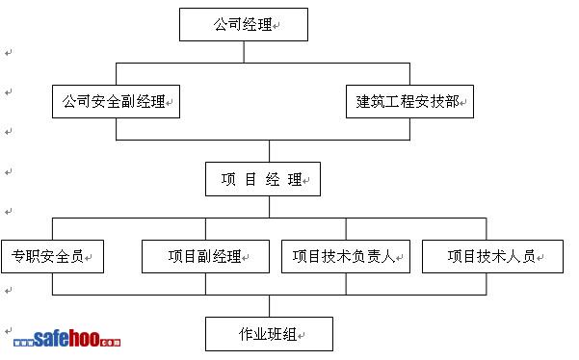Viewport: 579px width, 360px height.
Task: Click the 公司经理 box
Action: pos(244,24)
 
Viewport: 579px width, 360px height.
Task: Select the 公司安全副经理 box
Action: pos(116,101)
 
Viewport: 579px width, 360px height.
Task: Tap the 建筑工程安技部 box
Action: pos(409,101)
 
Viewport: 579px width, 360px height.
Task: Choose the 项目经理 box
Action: pos(263,179)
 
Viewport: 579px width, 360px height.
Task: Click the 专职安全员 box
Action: pos(52,257)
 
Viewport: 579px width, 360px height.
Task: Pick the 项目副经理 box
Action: pos(205,257)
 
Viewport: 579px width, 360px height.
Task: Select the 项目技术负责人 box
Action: pos(346,257)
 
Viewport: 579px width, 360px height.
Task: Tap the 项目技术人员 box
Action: pos(492,257)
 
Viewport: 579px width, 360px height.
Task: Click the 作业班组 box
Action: pos(269,334)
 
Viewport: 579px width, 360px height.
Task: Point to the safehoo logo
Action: pos(66,339)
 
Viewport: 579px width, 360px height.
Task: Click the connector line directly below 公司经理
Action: pos(244,52)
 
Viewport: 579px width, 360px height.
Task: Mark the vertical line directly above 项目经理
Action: pos(269,151)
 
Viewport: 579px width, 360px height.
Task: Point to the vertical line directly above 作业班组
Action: pos(269,306)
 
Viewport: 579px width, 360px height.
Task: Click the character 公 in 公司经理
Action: pos(221,24)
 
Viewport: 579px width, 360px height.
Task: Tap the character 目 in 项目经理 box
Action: pos(250,180)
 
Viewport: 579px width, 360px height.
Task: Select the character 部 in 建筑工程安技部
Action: pos(452,101)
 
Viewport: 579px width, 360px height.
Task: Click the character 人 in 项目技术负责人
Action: pos(388,256)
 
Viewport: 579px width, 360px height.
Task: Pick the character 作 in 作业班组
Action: pos(246,334)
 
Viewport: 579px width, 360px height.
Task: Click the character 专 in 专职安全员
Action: pos(18,256)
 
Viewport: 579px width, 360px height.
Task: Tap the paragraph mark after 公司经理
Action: pos(276,26)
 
